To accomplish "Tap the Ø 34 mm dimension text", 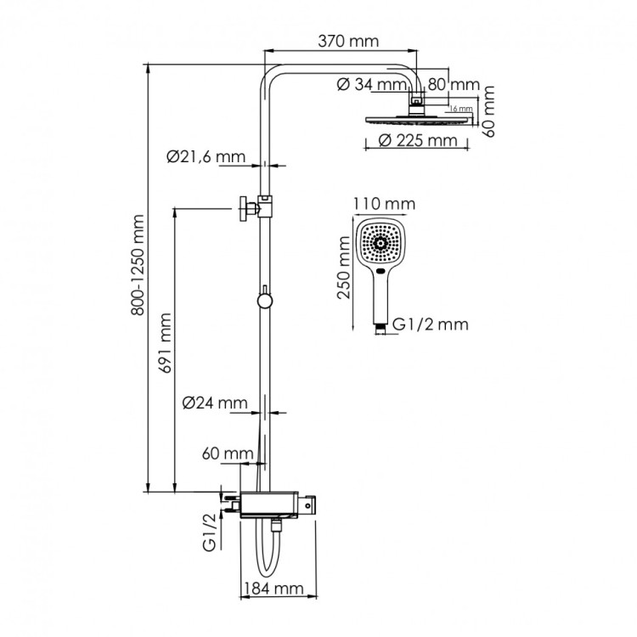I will tap(371, 84).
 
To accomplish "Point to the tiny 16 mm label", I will tap(459, 109).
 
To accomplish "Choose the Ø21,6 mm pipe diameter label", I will tap(205, 156).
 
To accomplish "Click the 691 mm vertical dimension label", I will tap(167, 342).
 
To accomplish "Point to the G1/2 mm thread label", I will tap(428, 324).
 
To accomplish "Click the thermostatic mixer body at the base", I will tap(271, 503).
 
